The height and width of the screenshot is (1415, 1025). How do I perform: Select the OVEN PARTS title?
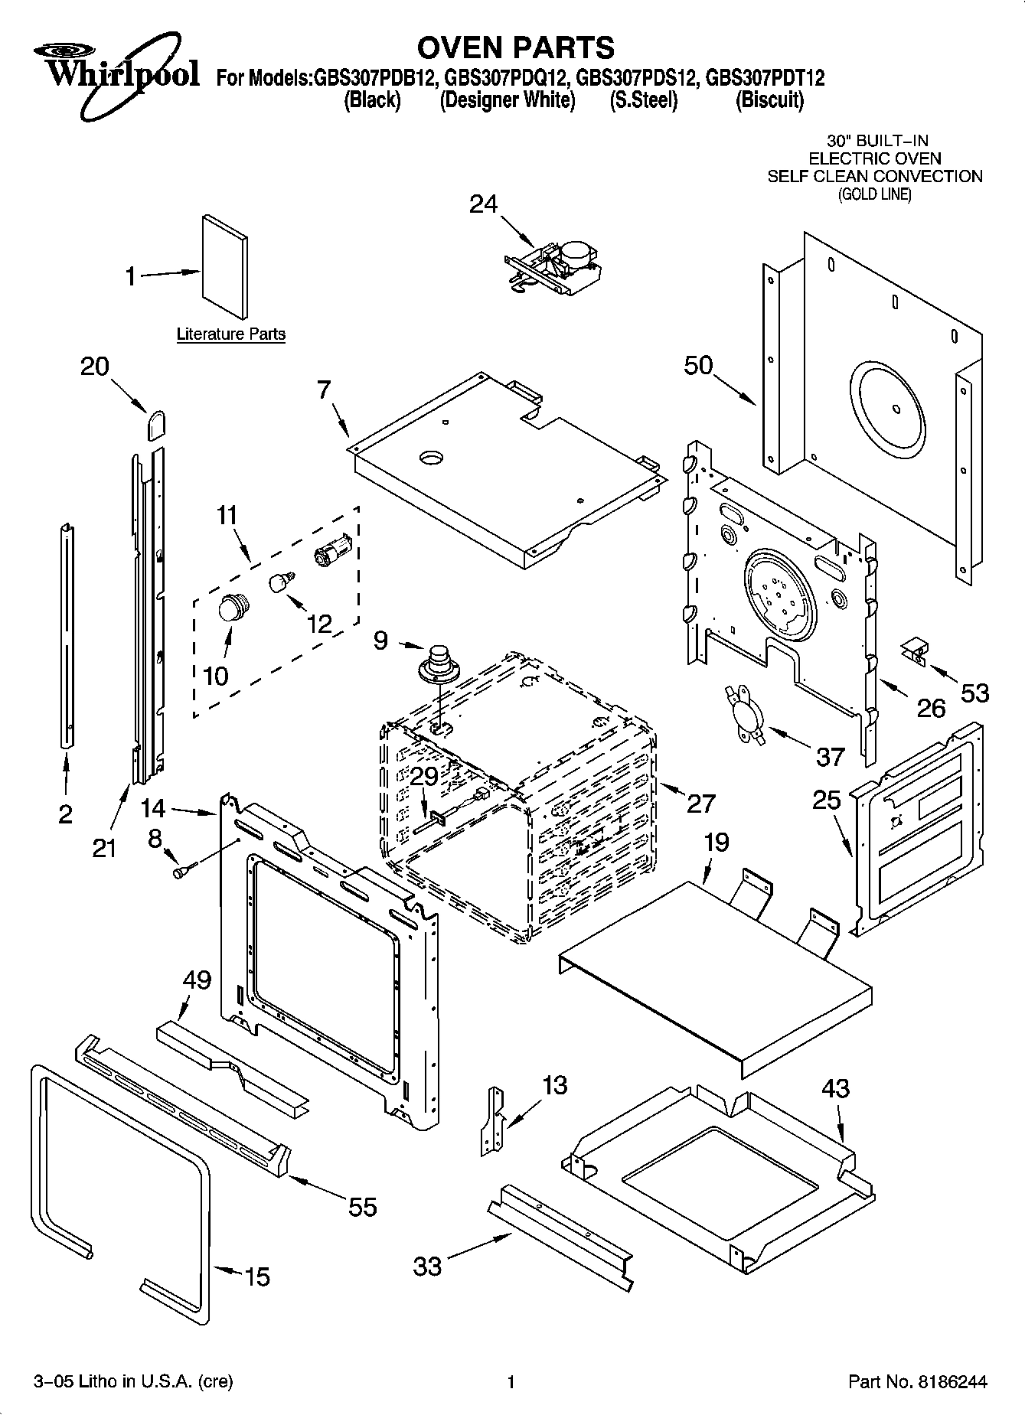(x=515, y=47)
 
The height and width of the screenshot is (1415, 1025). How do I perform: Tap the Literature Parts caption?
(x=230, y=334)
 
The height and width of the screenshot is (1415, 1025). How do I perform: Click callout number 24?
(x=483, y=204)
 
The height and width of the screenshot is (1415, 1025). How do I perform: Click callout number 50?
(x=698, y=366)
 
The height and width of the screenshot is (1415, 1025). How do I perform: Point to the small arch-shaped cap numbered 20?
(x=157, y=424)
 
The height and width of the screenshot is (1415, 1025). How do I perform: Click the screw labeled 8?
(x=184, y=870)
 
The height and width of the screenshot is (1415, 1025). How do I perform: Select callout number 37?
(x=830, y=757)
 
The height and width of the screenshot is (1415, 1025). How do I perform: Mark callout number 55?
(x=362, y=1207)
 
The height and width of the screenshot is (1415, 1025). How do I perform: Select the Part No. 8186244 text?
(x=918, y=1382)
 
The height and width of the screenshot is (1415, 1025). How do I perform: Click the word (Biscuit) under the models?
(x=769, y=100)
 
